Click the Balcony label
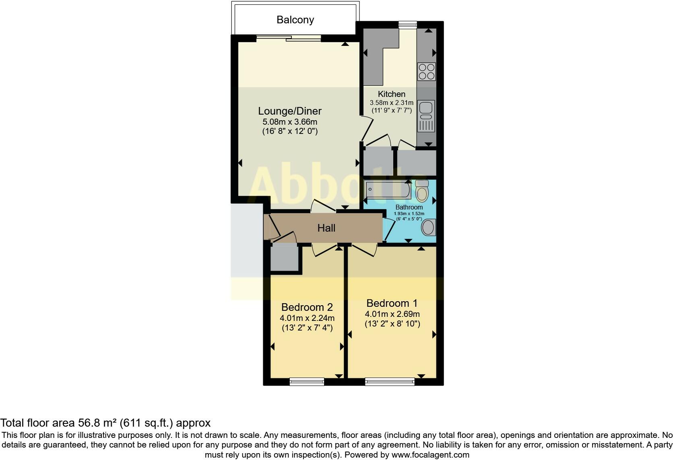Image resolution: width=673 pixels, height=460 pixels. point(295,20)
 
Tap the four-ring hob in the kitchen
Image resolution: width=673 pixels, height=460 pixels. point(426,72)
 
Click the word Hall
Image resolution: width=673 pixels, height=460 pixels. point(326,228)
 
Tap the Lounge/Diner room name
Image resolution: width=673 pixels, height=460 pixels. point(289,111)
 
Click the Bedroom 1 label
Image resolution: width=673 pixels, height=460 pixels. point(392,303)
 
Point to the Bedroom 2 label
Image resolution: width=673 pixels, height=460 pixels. point(307,307)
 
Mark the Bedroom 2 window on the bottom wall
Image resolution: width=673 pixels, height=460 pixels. point(307,381)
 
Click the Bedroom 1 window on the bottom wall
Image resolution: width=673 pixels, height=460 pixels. point(390,381)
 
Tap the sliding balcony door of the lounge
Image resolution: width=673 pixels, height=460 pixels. point(289,38)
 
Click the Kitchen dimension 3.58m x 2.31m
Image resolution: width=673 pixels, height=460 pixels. point(391,103)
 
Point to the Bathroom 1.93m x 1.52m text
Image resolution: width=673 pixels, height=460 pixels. point(409,214)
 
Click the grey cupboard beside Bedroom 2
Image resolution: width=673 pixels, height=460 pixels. point(284,258)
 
